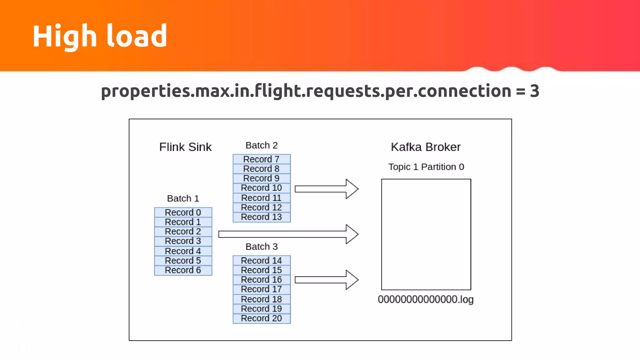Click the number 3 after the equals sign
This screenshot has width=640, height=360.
pos(534,91)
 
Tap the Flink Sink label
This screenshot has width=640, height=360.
pos(185,147)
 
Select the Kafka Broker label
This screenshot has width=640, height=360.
pos(426,147)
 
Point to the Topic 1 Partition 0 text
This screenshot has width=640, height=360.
pos(426,167)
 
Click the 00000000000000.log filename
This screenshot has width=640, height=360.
pos(426,299)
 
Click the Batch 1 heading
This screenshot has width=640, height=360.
pos(183,198)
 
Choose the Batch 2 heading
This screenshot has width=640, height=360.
pos(262,145)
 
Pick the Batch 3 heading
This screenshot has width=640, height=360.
pos(262,247)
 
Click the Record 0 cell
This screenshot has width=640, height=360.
pos(183,212)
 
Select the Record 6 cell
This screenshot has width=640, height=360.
pos(183,270)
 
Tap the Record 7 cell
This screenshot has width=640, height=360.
pos(262,159)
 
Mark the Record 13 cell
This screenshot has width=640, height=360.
pos(262,217)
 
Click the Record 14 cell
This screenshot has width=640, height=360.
pos(262,261)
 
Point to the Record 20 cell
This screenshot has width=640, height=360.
pos(262,318)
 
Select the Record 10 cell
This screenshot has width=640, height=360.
pos(262,188)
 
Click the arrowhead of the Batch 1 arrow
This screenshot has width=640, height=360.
pos(352,234)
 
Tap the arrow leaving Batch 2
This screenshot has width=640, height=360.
pos(325,189)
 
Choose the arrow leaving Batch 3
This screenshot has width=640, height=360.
pos(325,280)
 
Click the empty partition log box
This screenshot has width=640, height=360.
pos(426,234)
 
